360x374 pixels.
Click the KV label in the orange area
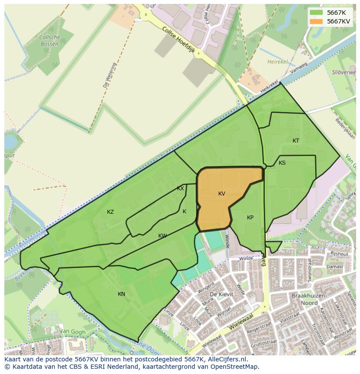click(x=222, y=194)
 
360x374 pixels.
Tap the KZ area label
click(x=110, y=212)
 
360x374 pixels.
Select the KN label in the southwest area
click(x=121, y=294)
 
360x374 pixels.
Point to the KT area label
click(x=296, y=141)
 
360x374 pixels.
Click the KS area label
click(x=282, y=163)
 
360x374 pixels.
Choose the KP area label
click(x=250, y=218)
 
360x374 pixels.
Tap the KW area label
click(x=163, y=236)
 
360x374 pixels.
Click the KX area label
click(x=180, y=189)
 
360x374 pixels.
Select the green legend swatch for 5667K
click(x=316, y=13)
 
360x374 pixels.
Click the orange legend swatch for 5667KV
click(x=316, y=21)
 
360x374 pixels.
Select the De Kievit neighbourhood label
click(x=221, y=294)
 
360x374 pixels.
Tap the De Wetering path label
click(x=110, y=75)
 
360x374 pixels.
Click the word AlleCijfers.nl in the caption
click(x=227, y=359)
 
